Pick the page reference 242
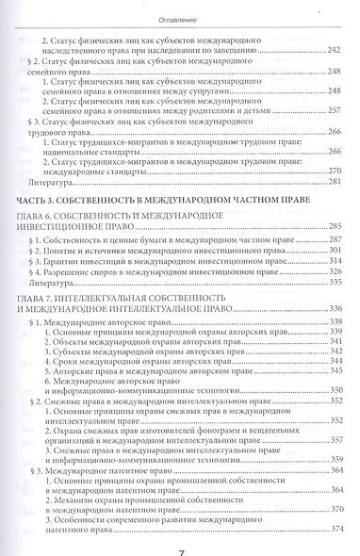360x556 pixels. (334, 50)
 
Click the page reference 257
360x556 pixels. (334, 110)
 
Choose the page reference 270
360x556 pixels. (334, 170)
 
